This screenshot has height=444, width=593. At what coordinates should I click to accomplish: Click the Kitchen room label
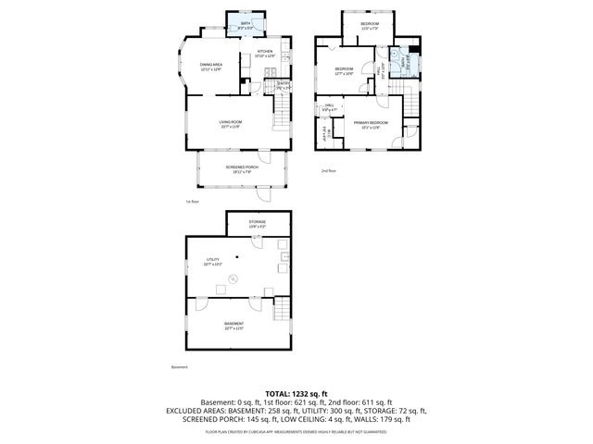pyautogui.click(x=264, y=54)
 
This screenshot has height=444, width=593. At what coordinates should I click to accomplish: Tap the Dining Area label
pyautogui.click(x=211, y=67)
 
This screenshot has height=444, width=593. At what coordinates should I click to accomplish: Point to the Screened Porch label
pyautogui.click(x=241, y=168)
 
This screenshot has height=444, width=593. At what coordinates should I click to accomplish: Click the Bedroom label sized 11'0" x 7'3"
pyautogui.click(x=369, y=25)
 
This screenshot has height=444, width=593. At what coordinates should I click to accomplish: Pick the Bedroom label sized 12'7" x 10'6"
pyautogui.click(x=345, y=71)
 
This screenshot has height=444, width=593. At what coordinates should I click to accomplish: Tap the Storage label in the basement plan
pyautogui.click(x=257, y=224)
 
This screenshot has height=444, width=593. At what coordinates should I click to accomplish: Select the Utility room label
pyautogui.click(x=212, y=262)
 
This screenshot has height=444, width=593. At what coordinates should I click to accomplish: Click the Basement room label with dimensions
pyautogui.click(x=208, y=326)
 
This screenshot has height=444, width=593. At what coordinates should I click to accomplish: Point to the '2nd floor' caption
pyautogui.click(x=328, y=171)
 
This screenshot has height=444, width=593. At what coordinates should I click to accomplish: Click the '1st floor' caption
pyautogui.click(x=192, y=201)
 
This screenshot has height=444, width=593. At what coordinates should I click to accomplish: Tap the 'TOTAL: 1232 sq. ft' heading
pyautogui.click(x=296, y=394)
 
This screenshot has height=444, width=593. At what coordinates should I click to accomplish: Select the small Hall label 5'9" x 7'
pyautogui.click(x=329, y=109)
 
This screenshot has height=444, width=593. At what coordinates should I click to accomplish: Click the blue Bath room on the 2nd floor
pyautogui.click(x=404, y=62)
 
